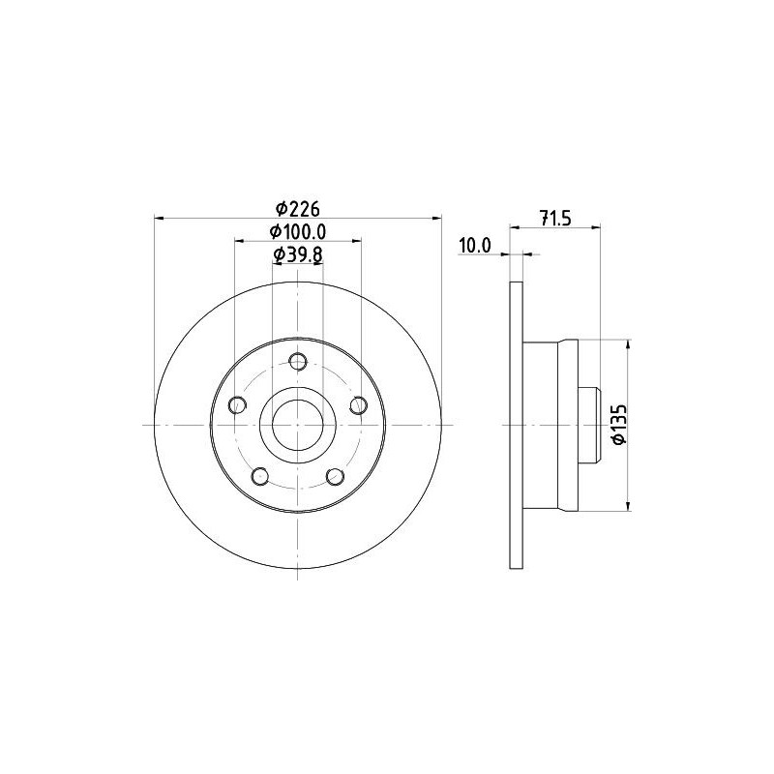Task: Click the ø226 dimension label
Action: (297, 208)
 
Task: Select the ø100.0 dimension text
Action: (298, 232)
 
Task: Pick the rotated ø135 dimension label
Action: (620, 423)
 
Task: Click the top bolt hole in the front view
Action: (298, 362)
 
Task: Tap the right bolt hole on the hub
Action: (359, 405)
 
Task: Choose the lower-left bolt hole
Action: (260, 477)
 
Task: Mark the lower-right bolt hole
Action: (336, 477)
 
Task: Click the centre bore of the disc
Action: (298, 425)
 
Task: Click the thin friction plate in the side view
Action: (517, 425)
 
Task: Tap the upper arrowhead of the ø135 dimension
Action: (630, 344)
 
